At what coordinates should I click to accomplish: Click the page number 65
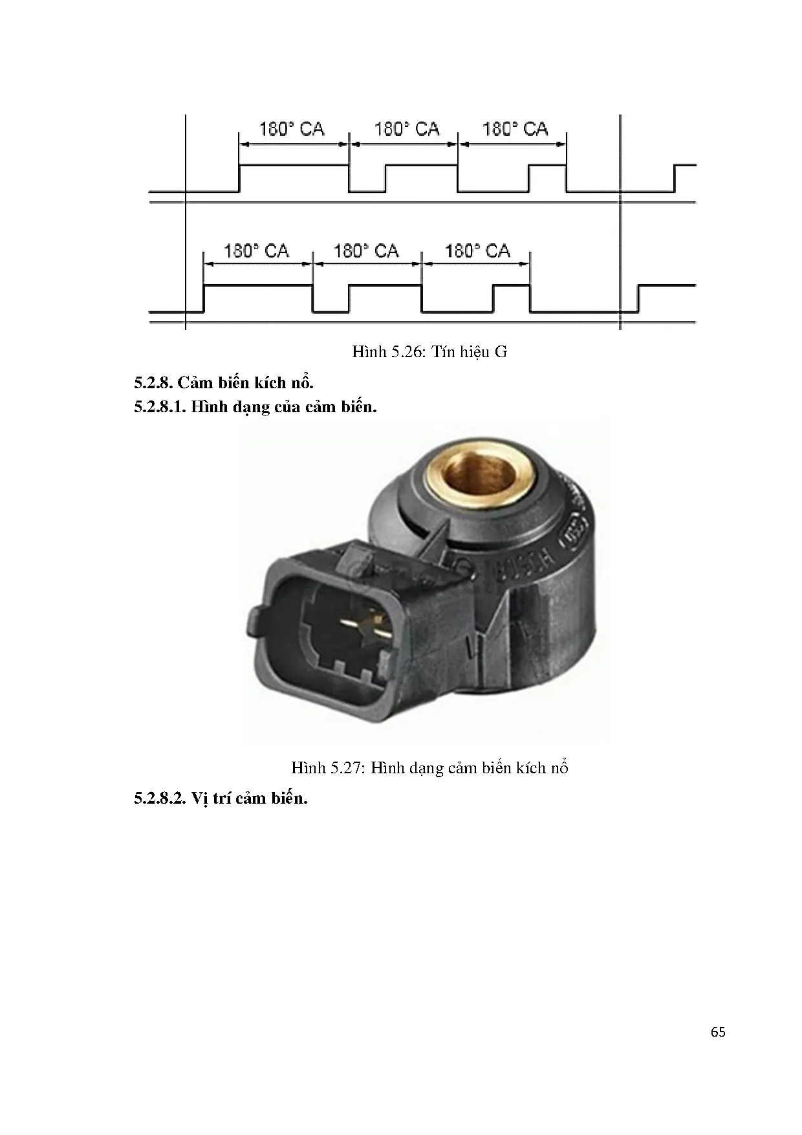718,1032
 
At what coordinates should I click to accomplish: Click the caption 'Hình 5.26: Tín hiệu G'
429,352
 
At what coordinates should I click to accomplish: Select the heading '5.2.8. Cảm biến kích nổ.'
224,382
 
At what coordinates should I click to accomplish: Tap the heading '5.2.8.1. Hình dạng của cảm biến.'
255,407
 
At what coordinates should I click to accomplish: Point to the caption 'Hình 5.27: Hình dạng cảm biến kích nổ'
429,768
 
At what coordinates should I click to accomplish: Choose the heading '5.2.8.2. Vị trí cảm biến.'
221,798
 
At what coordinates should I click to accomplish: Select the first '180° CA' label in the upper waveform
292,129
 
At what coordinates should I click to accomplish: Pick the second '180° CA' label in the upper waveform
407,129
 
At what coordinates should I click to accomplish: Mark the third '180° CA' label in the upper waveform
515,129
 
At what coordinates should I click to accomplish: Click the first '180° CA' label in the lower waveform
256,251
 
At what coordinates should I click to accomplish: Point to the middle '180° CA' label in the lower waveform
366,251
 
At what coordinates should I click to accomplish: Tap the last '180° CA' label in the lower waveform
477,251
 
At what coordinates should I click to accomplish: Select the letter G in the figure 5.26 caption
501,352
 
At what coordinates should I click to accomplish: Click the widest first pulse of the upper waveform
294,166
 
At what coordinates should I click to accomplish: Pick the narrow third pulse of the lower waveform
511,285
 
